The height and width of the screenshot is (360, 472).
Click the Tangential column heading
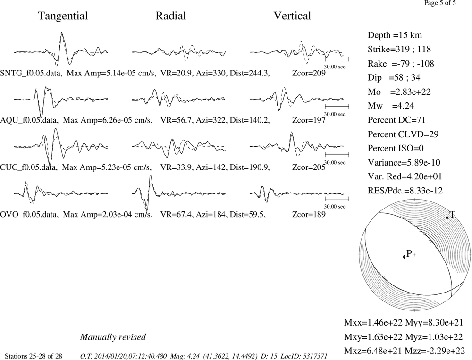tap(63, 16)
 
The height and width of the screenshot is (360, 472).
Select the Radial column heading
tap(171, 16)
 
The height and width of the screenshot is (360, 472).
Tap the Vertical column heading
tap(292, 16)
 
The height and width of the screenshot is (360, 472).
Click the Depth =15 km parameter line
tap(395, 35)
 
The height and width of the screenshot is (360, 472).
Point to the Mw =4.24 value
tap(391, 106)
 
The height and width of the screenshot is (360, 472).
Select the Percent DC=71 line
tap(396, 120)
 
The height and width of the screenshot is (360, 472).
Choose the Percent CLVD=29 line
tap(403, 134)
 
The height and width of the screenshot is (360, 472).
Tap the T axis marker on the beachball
tap(447, 217)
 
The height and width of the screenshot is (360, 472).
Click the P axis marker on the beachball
tap(404, 257)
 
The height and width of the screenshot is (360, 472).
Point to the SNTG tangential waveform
tap(61, 50)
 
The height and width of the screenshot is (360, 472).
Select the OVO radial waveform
tap(178, 193)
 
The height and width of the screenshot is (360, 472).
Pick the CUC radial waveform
tap(178, 147)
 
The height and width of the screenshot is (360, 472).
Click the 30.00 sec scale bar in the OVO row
tap(337, 199)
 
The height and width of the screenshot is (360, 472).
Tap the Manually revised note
tap(113, 337)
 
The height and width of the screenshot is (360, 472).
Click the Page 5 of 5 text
tap(440, 3)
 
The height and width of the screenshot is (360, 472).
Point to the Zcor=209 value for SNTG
tap(309, 73)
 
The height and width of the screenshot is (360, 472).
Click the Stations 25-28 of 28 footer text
tap(34, 356)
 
